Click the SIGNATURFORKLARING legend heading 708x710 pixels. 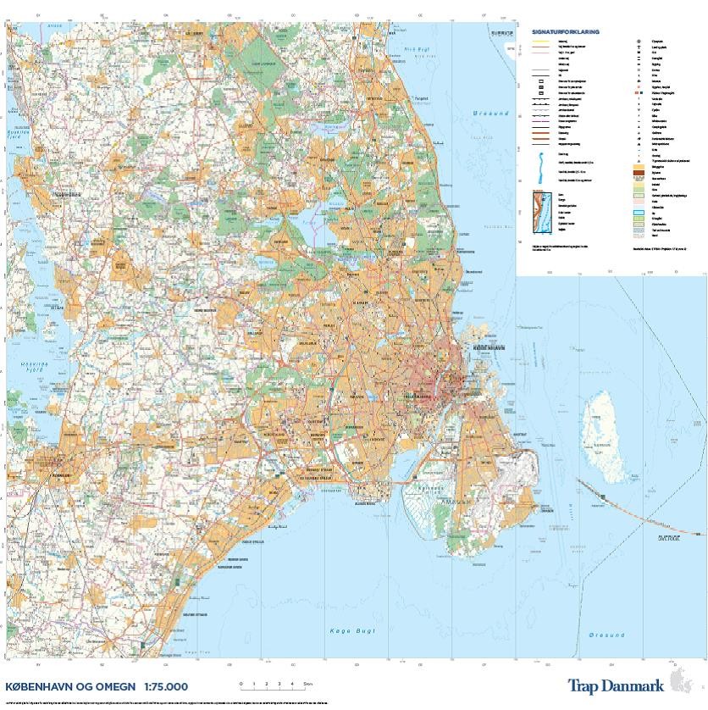point(565,31)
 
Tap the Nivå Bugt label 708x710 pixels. point(416,50)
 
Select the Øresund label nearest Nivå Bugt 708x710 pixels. point(491,113)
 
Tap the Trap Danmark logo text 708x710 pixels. point(616,686)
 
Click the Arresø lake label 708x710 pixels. point(55,26)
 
